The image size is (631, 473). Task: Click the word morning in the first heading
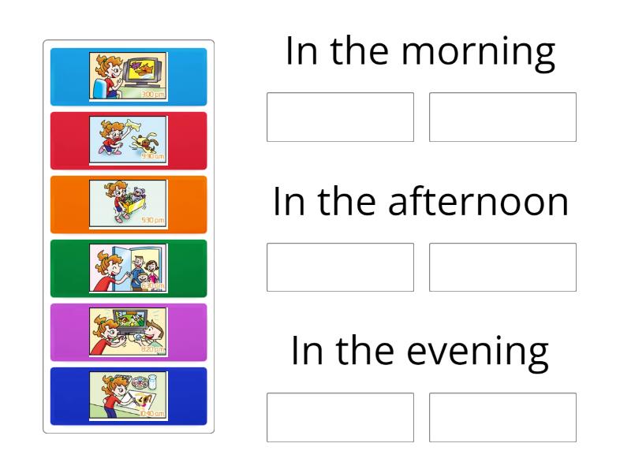[480, 52]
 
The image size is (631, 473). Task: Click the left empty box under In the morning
[340, 117]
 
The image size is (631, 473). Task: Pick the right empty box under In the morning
[502, 117]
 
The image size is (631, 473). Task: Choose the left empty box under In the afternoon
[340, 267]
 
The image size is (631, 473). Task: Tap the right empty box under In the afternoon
[502, 267]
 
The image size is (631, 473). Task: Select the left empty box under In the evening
[340, 418]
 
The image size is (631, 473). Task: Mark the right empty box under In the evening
[502, 418]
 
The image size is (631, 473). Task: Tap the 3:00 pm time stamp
[153, 95]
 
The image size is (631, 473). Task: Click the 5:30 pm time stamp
[153, 221]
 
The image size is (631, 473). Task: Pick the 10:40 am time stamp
[153, 412]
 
